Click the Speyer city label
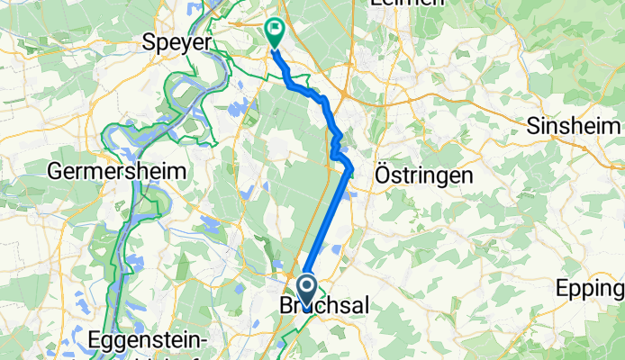(177, 41)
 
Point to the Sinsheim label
(575, 124)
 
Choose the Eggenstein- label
(150, 340)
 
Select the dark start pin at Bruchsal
(306, 289)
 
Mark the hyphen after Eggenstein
(205, 342)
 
